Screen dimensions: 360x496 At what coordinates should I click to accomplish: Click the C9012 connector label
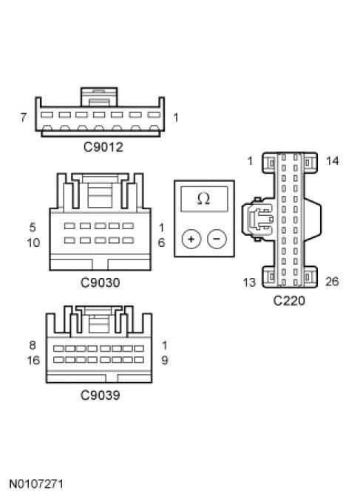103,147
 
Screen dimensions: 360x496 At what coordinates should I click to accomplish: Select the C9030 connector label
101,282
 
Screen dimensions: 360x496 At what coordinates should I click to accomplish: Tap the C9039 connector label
101,395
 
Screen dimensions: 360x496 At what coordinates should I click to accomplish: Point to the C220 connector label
289,301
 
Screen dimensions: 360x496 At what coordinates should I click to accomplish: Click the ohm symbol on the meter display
203,199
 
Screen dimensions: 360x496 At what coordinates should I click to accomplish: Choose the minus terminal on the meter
217,239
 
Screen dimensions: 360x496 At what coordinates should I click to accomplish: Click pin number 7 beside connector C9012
23,118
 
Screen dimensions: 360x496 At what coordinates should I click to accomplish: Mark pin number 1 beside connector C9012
176,118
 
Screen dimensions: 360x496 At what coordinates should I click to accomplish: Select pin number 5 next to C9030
33,228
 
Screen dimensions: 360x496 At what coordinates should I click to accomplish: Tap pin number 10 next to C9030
33,243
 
